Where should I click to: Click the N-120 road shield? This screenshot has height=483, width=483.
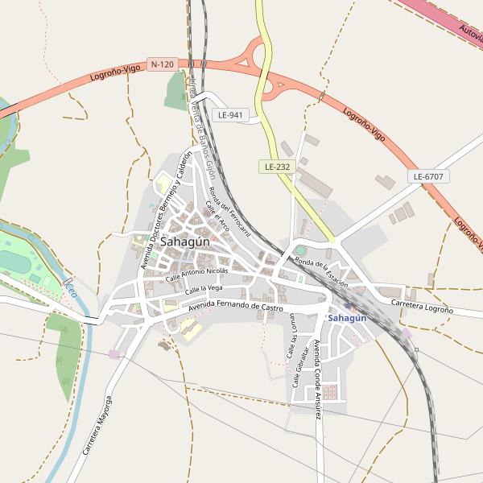pos(162,64)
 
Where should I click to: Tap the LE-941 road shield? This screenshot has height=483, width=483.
pos(230,115)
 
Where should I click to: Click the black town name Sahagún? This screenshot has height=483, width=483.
pos(184,242)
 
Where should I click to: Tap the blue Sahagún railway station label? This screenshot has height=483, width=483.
pos(348,318)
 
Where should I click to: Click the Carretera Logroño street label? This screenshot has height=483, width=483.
pos(422,306)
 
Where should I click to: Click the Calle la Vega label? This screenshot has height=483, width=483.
pos(204,289)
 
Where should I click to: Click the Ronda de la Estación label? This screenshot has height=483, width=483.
pos(321,273)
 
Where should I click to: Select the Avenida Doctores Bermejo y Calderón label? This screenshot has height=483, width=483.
pos(166,210)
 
